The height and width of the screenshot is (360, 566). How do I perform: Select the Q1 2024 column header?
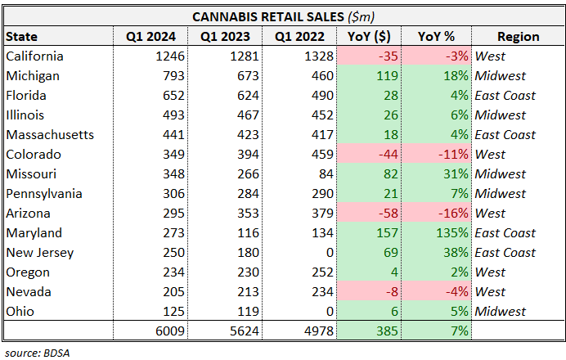(x=150, y=36)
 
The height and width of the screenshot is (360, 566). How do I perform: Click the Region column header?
(x=517, y=36)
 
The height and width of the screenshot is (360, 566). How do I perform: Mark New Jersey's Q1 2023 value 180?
(x=242, y=253)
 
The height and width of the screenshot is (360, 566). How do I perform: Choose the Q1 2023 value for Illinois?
(x=242, y=115)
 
